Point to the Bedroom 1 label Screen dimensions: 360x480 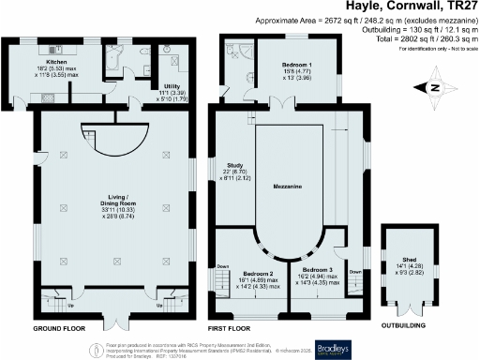click(298, 64)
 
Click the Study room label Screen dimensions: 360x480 click(235, 164)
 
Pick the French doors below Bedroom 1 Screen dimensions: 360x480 click(278, 102)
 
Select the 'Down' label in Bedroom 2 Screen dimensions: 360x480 click(221, 266)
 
